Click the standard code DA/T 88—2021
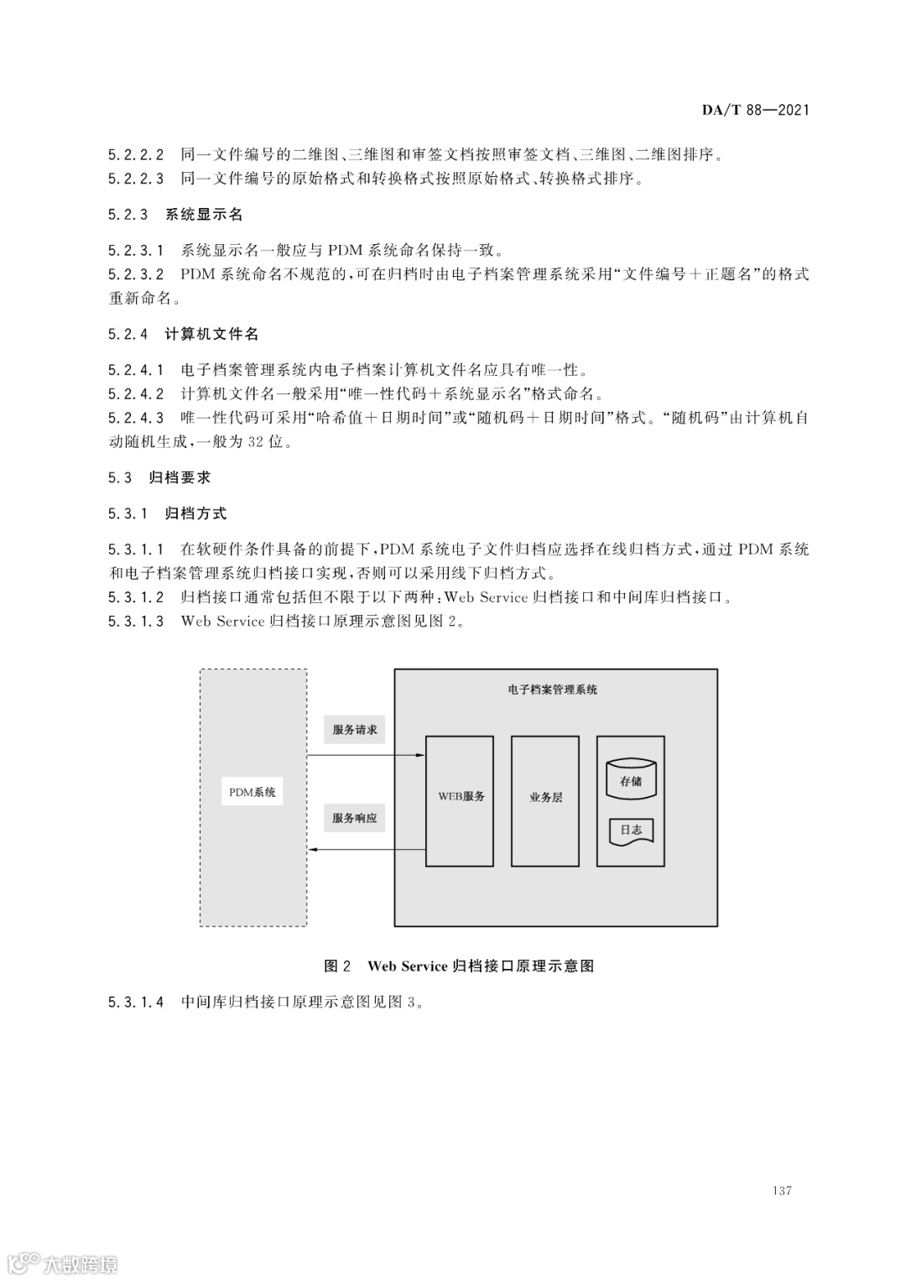(x=755, y=110)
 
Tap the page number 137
(x=782, y=1190)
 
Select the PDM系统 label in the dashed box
(x=253, y=792)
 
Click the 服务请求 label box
(x=355, y=730)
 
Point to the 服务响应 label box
(x=355, y=818)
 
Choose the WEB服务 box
(x=460, y=800)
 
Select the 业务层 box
(x=545, y=800)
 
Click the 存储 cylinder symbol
(x=631, y=780)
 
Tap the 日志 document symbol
(x=631, y=831)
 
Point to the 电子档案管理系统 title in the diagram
(x=553, y=690)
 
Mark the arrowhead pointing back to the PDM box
(x=311, y=849)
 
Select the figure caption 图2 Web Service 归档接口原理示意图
(x=459, y=966)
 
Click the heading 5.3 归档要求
(x=159, y=477)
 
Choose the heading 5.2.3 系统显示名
(x=175, y=214)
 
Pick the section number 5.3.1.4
(x=136, y=1002)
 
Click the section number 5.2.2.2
(x=136, y=154)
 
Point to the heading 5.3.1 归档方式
(x=167, y=513)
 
